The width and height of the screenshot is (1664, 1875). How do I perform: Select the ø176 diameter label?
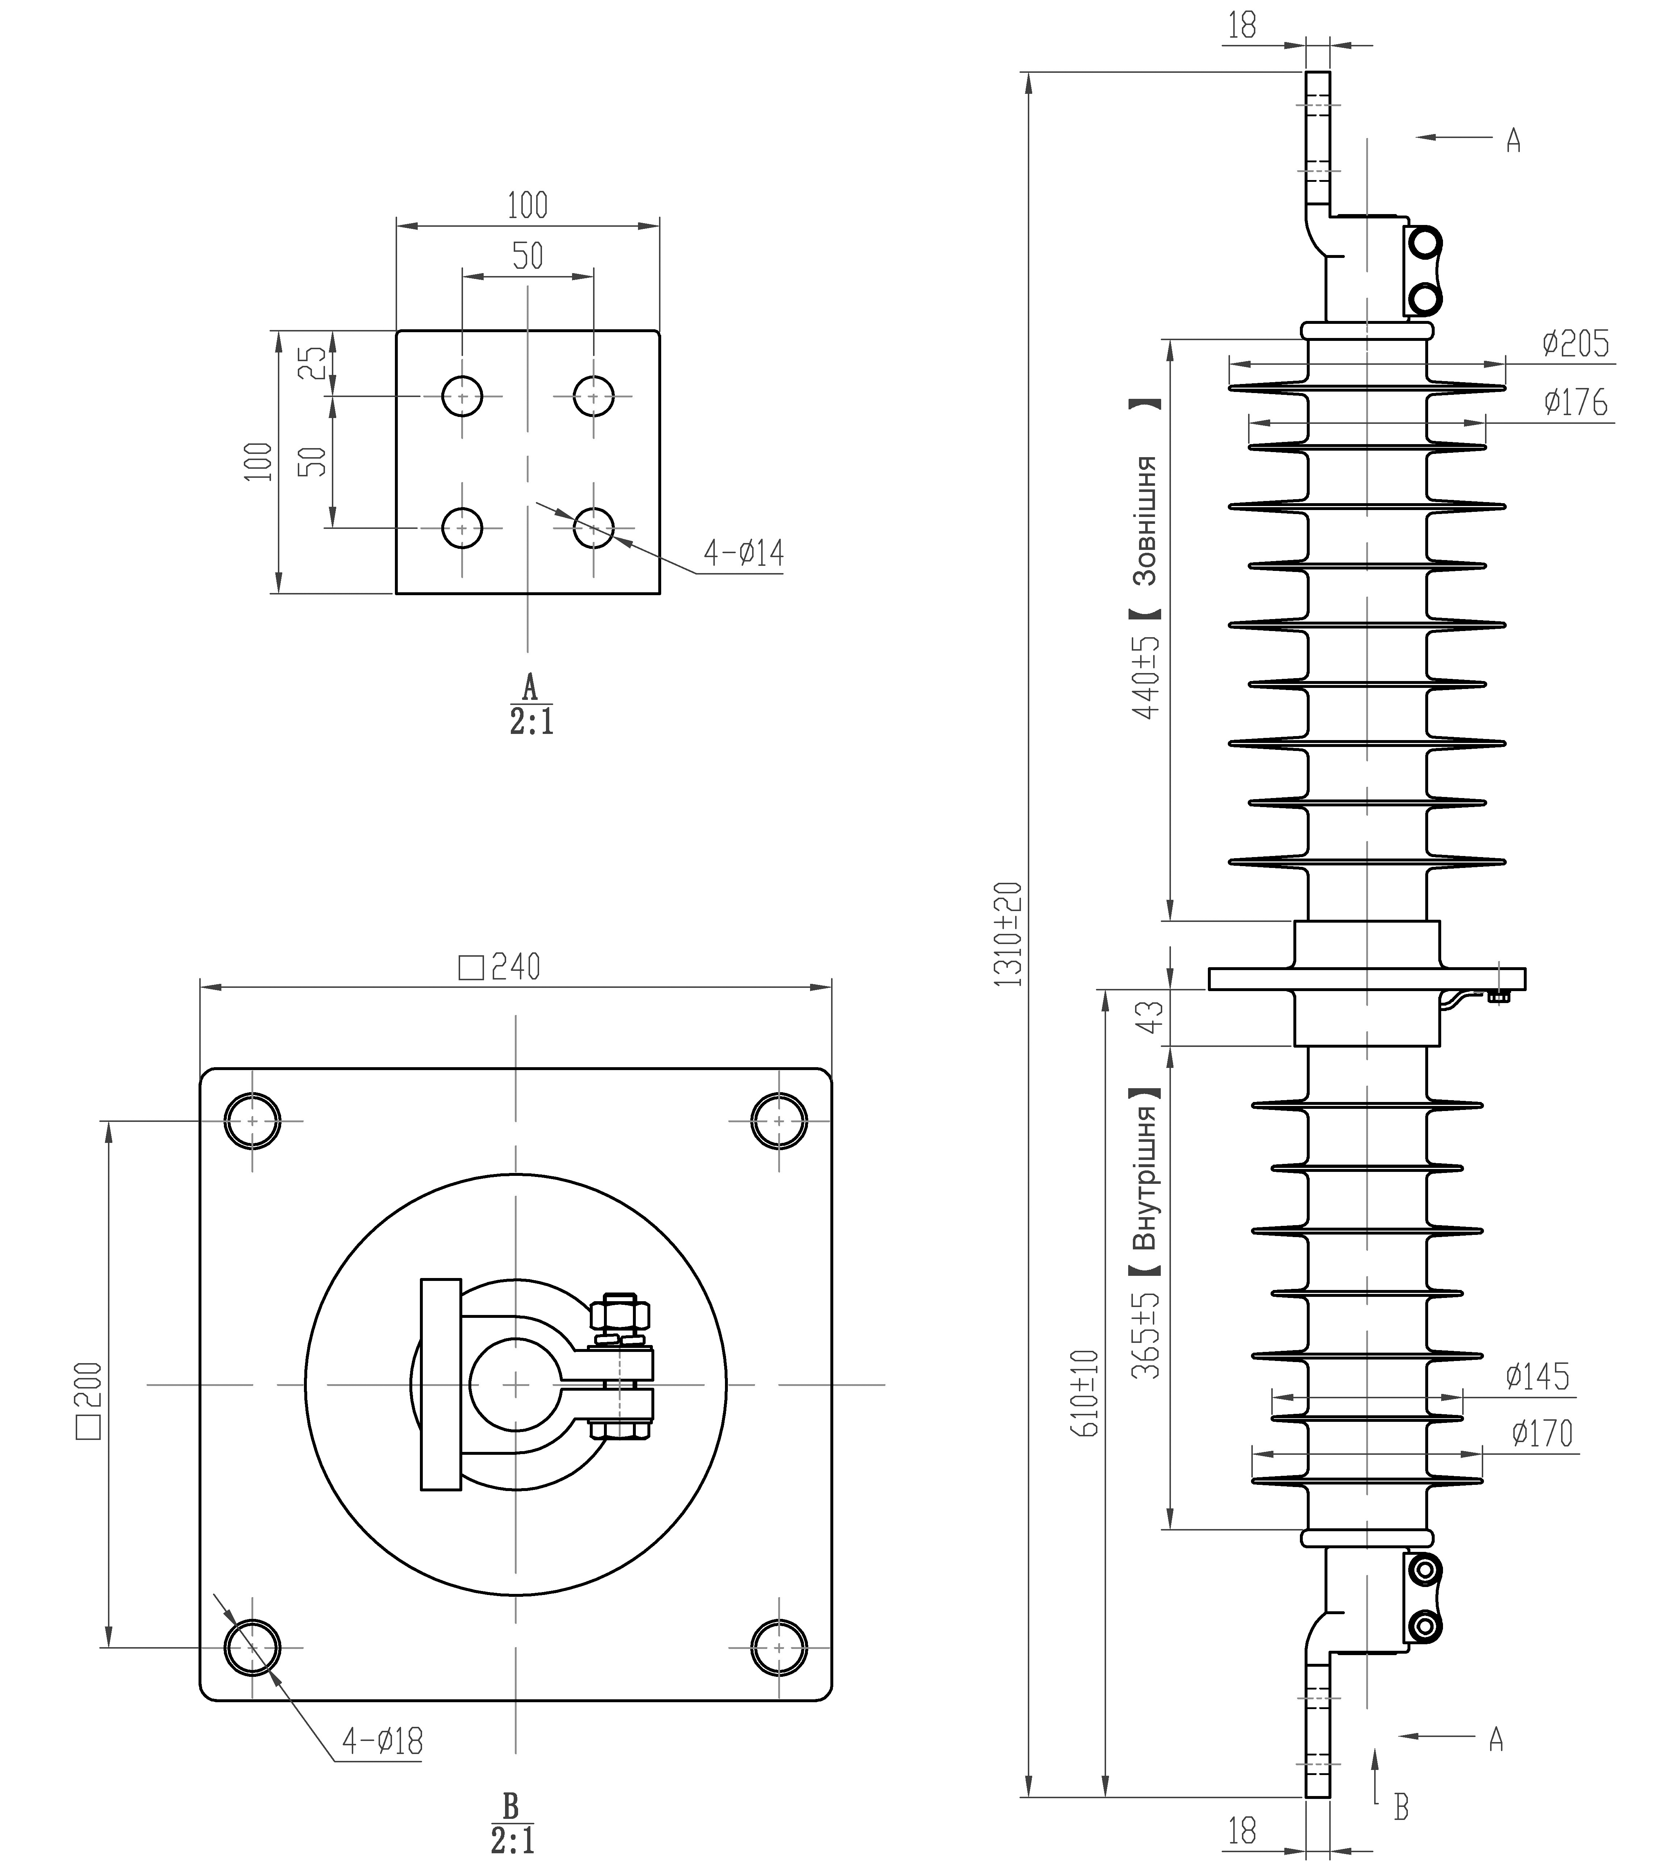1575,402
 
